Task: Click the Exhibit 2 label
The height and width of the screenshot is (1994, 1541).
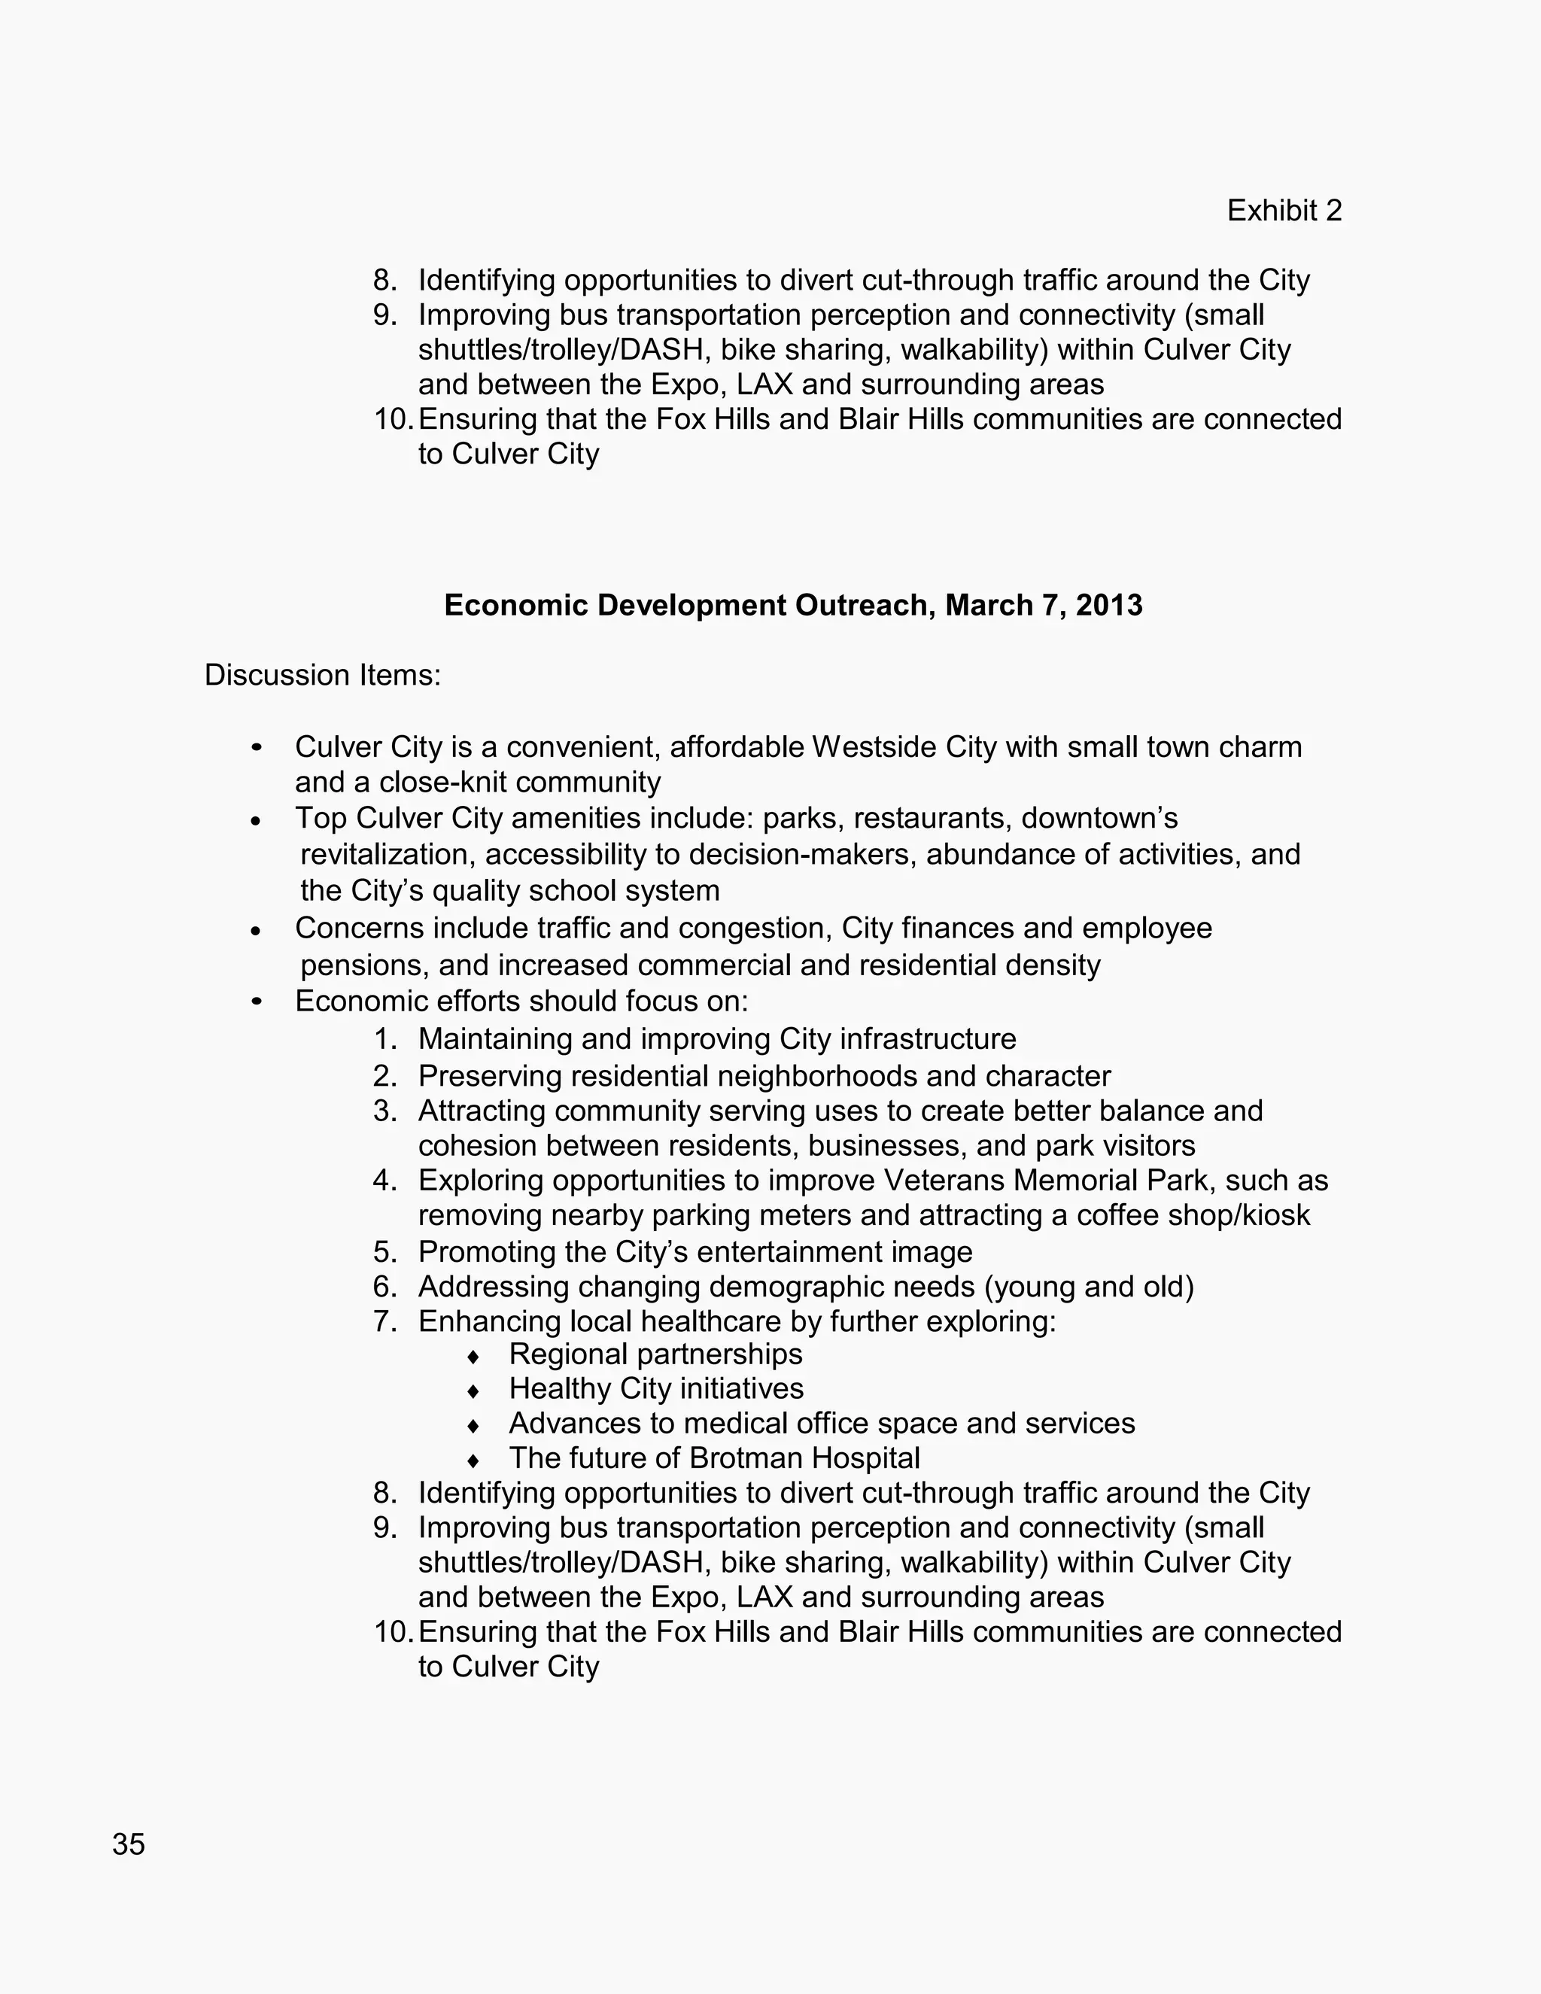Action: click(x=1284, y=211)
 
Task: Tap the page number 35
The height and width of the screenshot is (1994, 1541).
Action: click(x=129, y=1844)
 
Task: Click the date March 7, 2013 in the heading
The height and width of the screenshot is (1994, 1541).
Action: click(x=1044, y=605)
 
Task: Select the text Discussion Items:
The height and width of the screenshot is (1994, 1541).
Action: click(x=322, y=675)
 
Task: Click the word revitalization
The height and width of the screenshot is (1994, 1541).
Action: click(x=388, y=855)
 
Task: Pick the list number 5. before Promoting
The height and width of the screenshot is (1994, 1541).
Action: click(x=384, y=1252)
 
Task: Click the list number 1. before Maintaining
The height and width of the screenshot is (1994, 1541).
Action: click(x=384, y=1039)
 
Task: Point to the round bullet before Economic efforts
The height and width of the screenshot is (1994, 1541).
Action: click(x=257, y=1002)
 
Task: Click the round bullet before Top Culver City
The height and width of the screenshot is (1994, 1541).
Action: click(x=257, y=821)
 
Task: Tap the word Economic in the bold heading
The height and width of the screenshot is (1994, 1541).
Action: click(x=515, y=605)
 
